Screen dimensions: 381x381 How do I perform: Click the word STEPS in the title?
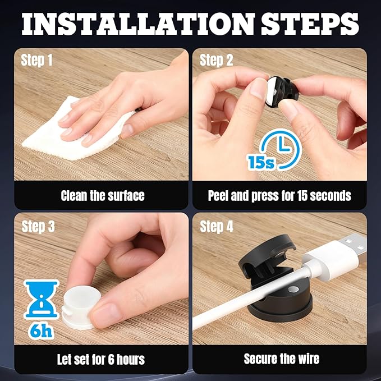coord(310,24)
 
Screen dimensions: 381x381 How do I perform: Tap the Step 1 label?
coord(36,60)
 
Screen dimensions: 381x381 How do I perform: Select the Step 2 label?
coord(216,60)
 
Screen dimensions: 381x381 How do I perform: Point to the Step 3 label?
coord(38,227)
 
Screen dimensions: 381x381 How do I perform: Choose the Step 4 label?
coord(217,227)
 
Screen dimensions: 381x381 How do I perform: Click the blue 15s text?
coord(261,162)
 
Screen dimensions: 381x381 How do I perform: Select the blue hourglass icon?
coord(42,300)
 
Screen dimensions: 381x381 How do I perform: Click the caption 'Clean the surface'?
coord(103,196)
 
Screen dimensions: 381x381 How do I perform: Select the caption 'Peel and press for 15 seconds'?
coord(279,196)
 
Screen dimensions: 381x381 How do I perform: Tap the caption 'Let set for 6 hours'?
coord(101,359)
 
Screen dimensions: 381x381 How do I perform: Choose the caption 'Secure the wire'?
coord(281,359)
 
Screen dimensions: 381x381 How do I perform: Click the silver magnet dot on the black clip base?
coord(293,289)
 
